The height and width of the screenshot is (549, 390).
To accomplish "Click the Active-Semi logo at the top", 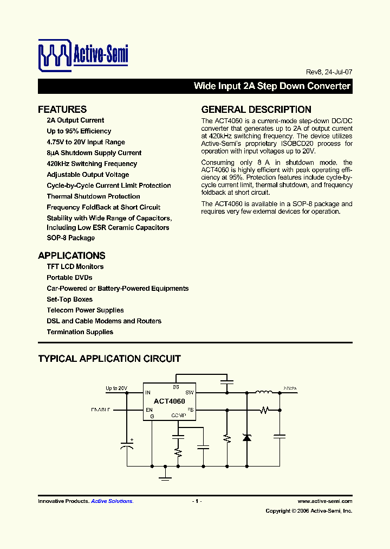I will point(83,54).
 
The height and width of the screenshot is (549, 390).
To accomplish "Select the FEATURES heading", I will point(62,109).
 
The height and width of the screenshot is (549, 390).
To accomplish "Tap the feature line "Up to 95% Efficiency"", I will point(79,131).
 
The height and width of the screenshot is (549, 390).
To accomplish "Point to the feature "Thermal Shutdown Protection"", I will point(93,196).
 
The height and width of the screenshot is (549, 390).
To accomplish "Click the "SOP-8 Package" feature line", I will point(71,238).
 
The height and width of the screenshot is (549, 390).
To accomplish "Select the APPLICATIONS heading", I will point(71,256).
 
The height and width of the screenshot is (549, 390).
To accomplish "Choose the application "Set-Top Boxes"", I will point(70,299).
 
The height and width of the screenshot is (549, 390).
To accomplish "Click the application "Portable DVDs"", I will point(69,278).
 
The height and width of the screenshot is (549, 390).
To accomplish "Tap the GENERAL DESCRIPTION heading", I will point(256,109).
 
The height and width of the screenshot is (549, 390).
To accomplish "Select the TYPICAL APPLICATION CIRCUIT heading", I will point(109,359).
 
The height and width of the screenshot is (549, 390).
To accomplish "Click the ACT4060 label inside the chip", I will point(169,401).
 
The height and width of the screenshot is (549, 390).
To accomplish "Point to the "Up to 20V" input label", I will point(116,388).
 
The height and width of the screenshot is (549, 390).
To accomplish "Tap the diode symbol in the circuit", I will point(247,437).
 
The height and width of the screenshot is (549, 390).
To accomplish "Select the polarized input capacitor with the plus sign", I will point(127,446).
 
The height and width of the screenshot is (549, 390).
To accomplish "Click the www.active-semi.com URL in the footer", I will point(325,501).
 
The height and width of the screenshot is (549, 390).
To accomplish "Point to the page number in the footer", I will point(197,501).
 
